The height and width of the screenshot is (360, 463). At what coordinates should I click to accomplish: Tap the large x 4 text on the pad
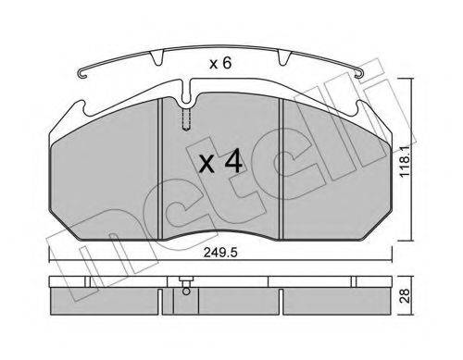click(x=221, y=164)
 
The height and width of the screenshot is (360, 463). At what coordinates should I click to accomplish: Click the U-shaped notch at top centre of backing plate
click(x=188, y=93)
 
